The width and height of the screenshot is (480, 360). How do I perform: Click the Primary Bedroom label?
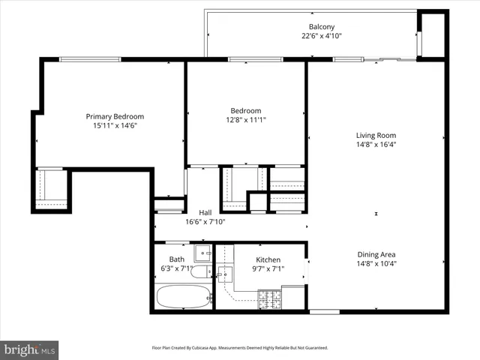115,116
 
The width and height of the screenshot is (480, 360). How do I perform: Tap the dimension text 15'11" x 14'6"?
115,126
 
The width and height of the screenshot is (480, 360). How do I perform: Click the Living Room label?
376,136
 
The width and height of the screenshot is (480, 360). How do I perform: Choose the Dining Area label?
376,254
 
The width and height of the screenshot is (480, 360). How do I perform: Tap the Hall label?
205,212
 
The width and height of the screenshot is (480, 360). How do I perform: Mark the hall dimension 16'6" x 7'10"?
205,222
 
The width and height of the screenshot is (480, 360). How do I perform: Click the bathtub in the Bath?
183,297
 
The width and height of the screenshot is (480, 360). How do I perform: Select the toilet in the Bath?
201,271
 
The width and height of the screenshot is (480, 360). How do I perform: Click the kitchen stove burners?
269,299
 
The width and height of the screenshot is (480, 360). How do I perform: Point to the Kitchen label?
268,260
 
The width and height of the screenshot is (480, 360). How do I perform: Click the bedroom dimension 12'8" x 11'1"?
246,119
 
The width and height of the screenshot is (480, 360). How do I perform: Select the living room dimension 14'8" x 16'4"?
376,145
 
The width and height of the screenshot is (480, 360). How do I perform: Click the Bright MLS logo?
28,349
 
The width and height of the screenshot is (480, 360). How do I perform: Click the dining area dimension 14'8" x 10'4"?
376,264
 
